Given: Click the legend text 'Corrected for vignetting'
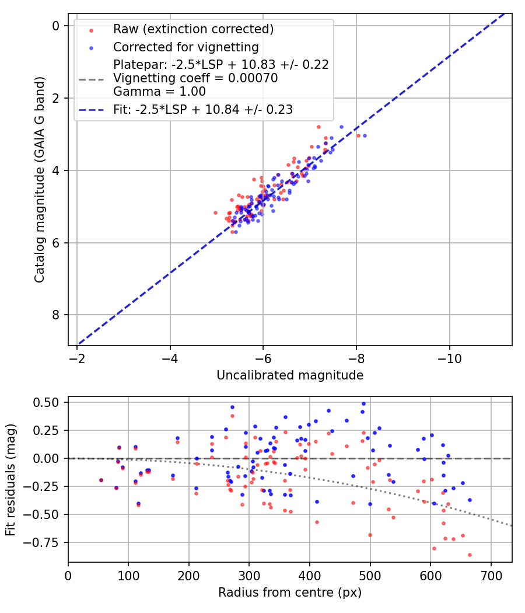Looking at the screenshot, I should tap(185, 46).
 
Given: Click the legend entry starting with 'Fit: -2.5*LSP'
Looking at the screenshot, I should tap(202, 109).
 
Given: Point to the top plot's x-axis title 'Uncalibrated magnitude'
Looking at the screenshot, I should tap(290, 375).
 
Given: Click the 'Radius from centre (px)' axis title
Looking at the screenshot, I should tap(290, 593).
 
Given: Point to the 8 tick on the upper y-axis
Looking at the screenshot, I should tap(56, 315).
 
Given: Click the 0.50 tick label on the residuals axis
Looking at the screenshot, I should tap(46, 402).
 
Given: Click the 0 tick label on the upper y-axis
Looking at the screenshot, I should tap(56, 26).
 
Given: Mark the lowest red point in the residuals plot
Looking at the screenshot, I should tap(470, 555).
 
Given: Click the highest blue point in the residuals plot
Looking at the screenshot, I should tap(363, 403).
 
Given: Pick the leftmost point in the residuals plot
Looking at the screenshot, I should tap(101, 480).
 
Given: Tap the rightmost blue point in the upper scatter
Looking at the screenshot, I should tap(365, 135).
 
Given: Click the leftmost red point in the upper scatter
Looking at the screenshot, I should tap(215, 213).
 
